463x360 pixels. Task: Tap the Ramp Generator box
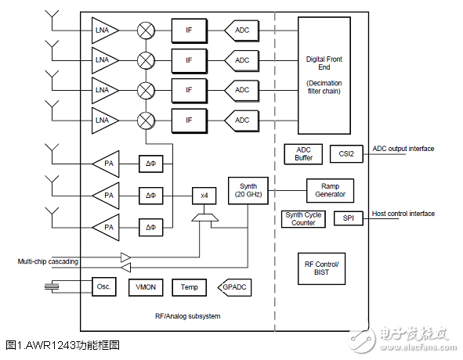click(330, 190)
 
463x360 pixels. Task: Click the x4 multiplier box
click(204, 194)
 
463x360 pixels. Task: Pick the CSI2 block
click(346, 154)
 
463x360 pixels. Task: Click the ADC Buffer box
click(303, 153)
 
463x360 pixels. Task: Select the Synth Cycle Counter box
click(303, 218)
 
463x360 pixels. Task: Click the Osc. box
click(104, 286)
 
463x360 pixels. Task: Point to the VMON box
click(145, 287)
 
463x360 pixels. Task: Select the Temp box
click(190, 287)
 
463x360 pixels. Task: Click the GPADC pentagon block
click(233, 287)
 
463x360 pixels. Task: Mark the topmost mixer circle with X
click(146, 31)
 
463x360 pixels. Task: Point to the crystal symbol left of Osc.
click(52, 287)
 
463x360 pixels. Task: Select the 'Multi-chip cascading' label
click(48, 261)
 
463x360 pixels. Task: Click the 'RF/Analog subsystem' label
click(187, 315)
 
